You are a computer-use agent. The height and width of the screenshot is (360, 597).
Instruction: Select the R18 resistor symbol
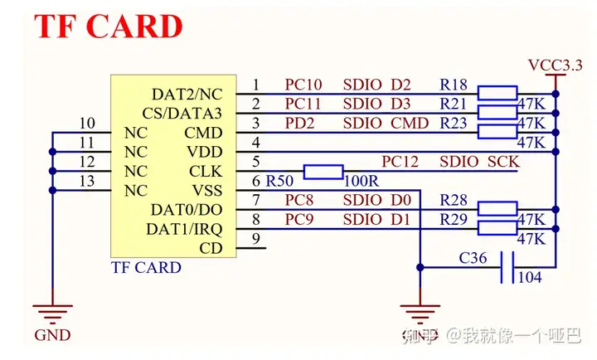(x=498, y=93)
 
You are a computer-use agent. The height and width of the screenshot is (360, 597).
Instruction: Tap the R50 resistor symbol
(x=323, y=172)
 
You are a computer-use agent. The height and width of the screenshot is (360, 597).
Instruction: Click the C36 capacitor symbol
(x=507, y=266)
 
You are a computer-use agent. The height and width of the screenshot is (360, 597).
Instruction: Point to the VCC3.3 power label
(x=555, y=65)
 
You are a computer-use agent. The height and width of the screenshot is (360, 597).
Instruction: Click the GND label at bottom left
(x=51, y=336)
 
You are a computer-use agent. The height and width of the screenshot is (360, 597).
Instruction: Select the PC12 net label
(x=400, y=162)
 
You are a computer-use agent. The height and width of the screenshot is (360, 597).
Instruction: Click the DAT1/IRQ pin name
(x=184, y=228)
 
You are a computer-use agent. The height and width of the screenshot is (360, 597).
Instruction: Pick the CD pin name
(x=211, y=248)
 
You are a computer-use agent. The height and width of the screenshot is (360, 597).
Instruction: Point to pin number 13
(x=87, y=182)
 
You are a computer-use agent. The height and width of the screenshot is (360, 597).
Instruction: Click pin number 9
(x=257, y=240)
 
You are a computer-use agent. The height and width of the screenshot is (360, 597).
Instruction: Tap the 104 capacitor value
(x=530, y=278)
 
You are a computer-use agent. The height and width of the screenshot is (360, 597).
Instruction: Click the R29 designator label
(x=454, y=220)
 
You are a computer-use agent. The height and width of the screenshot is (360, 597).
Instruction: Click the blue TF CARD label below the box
(x=146, y=268)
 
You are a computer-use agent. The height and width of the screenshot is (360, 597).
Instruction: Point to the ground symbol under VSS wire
(x=421, y=313)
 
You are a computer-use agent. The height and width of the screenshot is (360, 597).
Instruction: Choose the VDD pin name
(x=204, y=152)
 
